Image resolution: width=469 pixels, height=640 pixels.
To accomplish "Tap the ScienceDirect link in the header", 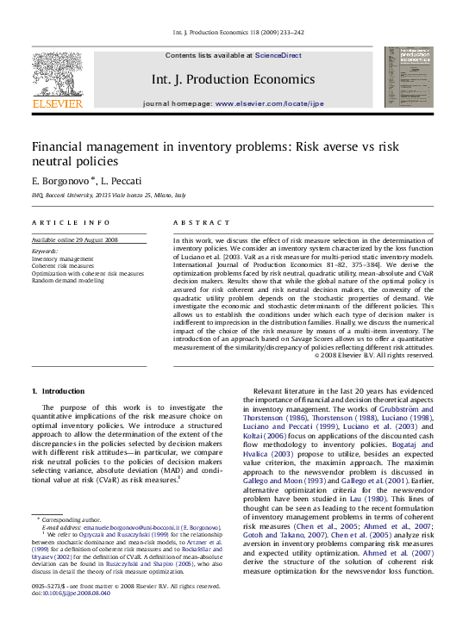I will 278,55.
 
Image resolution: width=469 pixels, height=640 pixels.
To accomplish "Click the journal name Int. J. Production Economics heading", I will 233,79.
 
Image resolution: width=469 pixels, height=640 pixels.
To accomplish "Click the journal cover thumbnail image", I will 410,78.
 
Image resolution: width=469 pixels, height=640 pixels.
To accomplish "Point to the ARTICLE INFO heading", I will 71,222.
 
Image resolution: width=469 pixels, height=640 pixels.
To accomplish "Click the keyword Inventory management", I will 63,258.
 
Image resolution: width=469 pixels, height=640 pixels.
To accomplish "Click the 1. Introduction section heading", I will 59,391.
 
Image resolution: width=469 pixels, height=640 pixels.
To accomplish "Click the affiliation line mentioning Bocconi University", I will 108,196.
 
